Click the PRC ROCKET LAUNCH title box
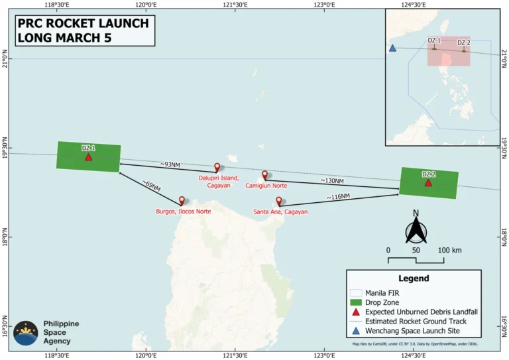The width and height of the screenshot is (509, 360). [82, 30]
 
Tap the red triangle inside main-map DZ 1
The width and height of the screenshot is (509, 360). [88, 157]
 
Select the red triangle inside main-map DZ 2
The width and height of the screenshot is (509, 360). [428, 182]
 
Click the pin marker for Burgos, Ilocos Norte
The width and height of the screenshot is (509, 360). [182, 200]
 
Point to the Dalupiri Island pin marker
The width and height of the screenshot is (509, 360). [217, 167]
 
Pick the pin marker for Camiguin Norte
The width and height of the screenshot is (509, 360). [264, 175]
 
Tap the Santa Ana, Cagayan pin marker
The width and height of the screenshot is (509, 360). [278, 201]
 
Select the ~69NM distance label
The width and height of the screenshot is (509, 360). [151, 186]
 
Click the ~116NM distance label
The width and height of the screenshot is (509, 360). [338, 198]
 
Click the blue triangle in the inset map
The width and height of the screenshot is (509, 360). [392, 48]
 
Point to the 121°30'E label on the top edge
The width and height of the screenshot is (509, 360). [235, 4]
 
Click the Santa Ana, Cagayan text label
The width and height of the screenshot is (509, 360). [280, 212]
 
